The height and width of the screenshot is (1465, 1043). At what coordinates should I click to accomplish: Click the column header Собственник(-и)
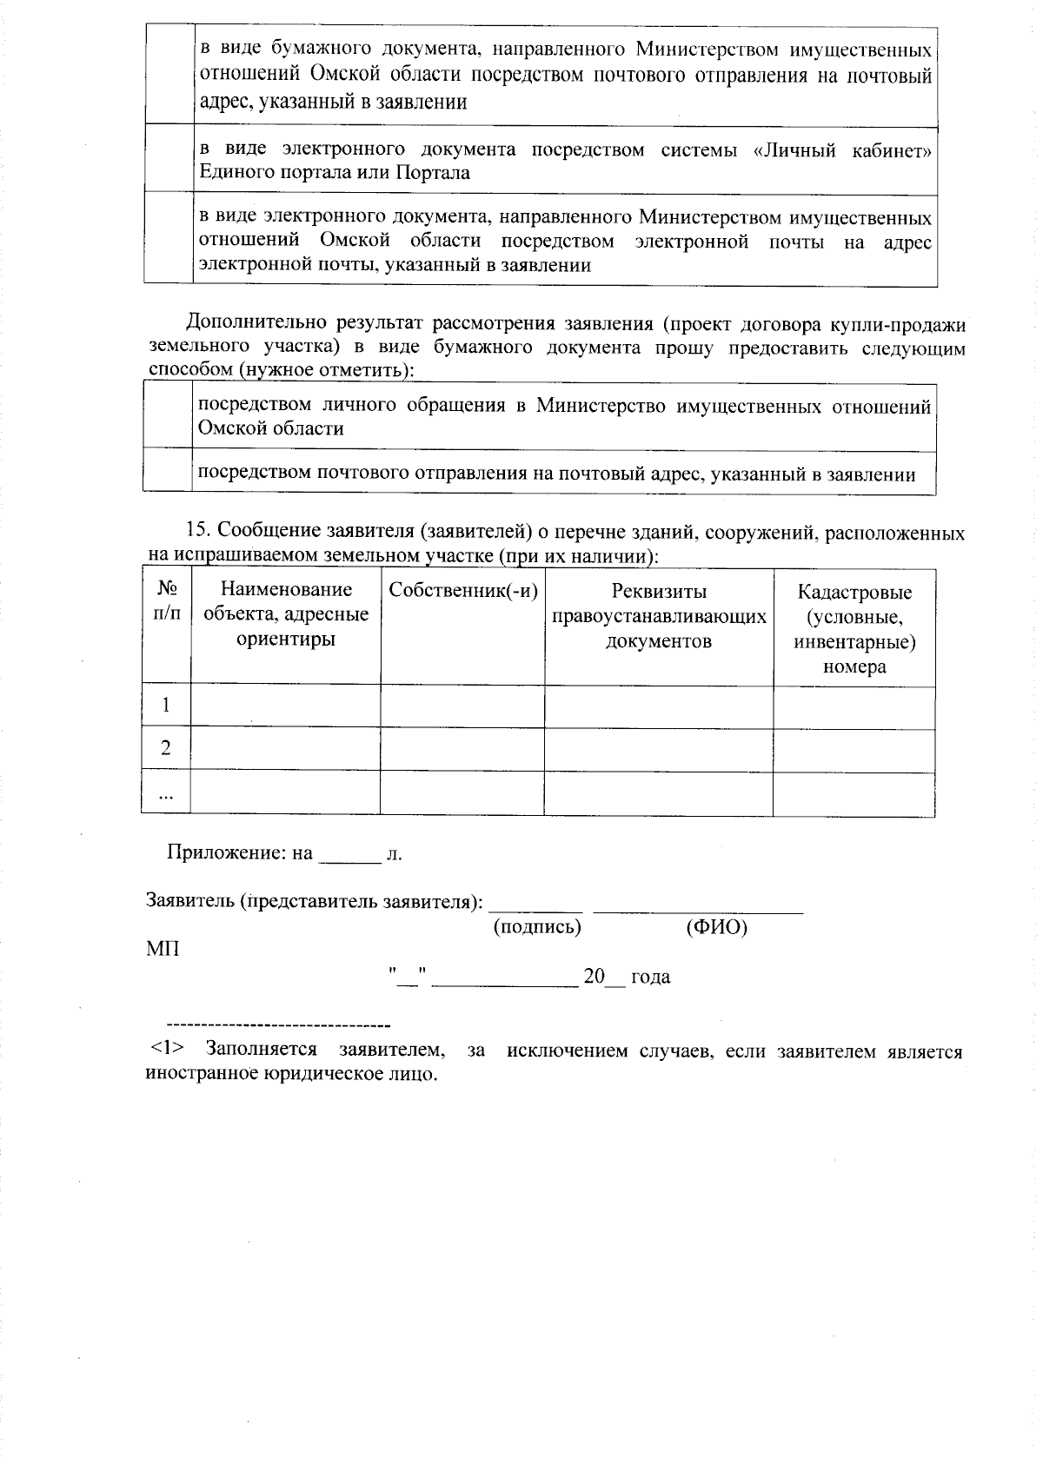(x=462, y=591)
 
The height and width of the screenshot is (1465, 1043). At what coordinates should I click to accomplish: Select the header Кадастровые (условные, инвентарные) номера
(x=854, y=629)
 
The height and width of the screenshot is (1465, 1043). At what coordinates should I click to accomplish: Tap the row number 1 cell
(x=166, y=705)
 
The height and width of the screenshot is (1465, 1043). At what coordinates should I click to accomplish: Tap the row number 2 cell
(x=166, y=748)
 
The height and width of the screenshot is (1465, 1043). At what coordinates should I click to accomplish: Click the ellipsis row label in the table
(x=166, y=793)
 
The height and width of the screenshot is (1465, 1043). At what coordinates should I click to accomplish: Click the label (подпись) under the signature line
(x=536, y=927)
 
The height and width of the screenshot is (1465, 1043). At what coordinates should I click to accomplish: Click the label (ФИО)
(x=716, y=927)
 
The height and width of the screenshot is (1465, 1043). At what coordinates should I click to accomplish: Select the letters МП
(x=163, y=948)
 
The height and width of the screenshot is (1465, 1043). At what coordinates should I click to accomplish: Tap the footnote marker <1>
(x=165, y=1051)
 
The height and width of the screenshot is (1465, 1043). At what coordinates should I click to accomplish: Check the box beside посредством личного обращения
(x=167, y=415)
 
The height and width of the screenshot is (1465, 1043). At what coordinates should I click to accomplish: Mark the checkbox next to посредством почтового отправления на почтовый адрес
(x=167, y=472)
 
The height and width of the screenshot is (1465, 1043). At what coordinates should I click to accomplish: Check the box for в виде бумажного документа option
(x=169, y=74)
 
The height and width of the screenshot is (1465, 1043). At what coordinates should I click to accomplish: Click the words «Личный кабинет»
(x=842, y=150)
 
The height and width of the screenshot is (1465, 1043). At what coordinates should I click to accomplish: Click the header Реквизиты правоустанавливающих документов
(x=659, y=616)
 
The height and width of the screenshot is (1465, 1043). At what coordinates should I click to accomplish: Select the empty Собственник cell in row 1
(x=462, y=705)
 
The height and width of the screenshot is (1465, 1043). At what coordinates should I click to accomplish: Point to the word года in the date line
(x=650, y=977)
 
